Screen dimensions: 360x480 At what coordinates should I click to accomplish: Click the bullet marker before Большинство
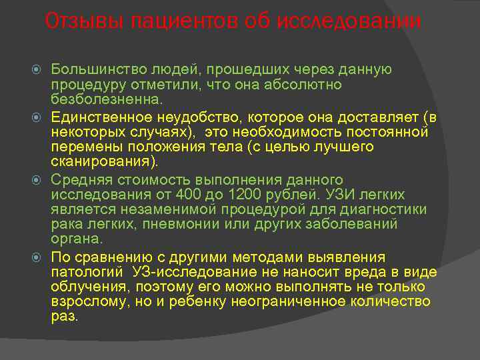(39, 69)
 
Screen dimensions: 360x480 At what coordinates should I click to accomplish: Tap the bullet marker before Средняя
(39, 179)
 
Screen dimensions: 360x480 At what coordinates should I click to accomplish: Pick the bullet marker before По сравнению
(39, 257)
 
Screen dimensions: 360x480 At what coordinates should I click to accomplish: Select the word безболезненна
(105, 99)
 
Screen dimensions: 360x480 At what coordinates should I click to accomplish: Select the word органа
(76, 239)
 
